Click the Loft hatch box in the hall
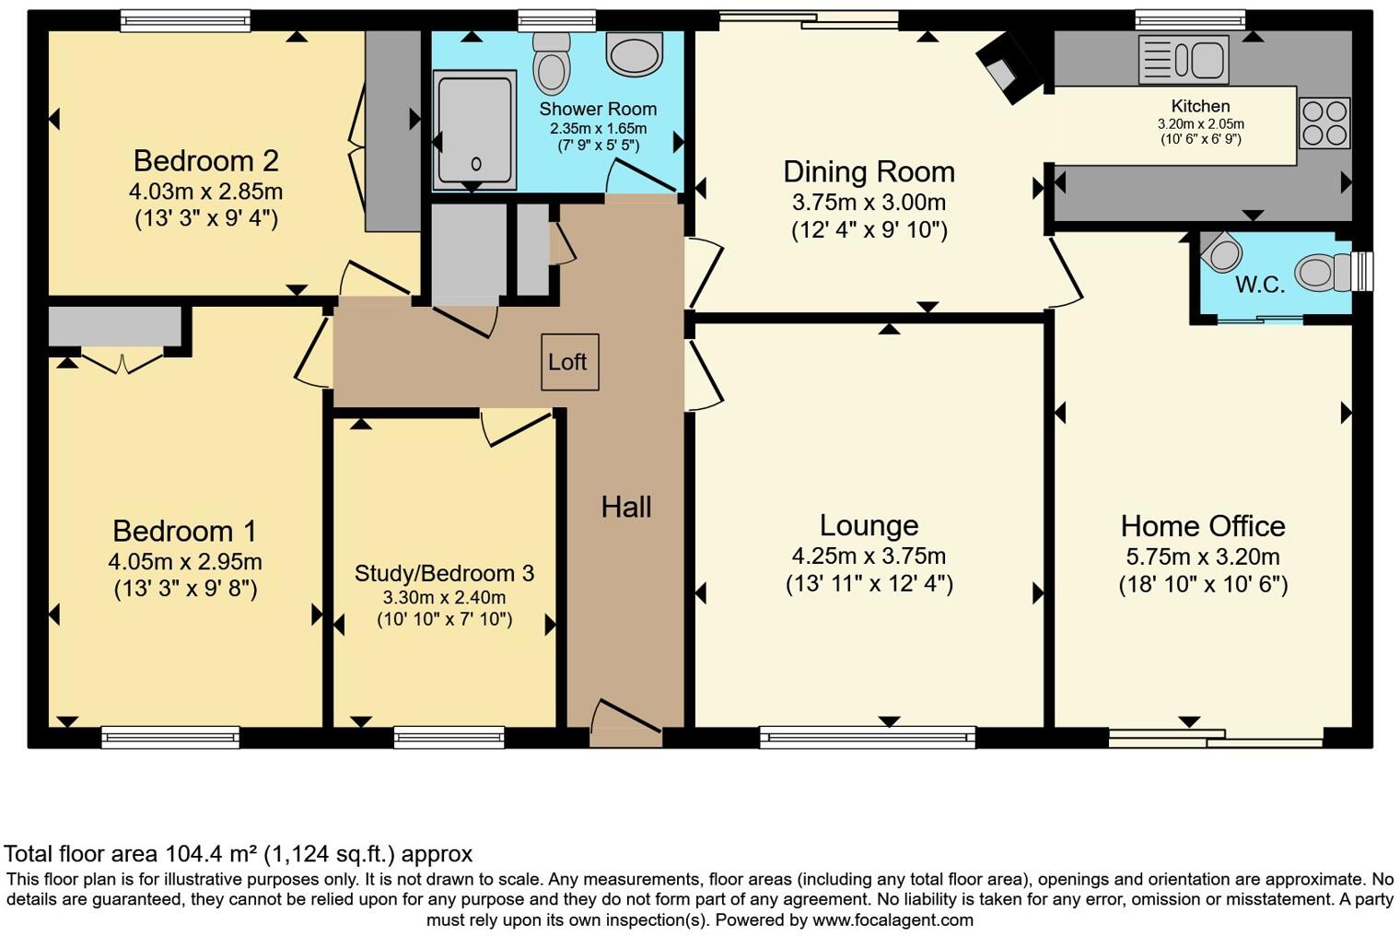569,362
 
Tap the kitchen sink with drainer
1184,60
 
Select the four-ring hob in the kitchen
1324,123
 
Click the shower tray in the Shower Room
475,130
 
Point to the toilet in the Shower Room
552,62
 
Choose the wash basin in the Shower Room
634,53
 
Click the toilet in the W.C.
1324,273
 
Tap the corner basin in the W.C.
1221,251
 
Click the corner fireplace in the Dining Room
1005,67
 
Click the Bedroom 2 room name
205,160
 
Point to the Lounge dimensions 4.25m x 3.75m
869,556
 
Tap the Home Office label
1202,526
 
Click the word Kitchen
1200,106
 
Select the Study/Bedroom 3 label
444,573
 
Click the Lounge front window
867,736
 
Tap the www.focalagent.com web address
892,919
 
